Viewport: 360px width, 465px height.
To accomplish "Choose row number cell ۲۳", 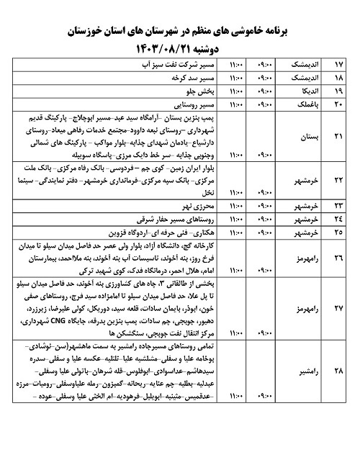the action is (343, 206).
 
